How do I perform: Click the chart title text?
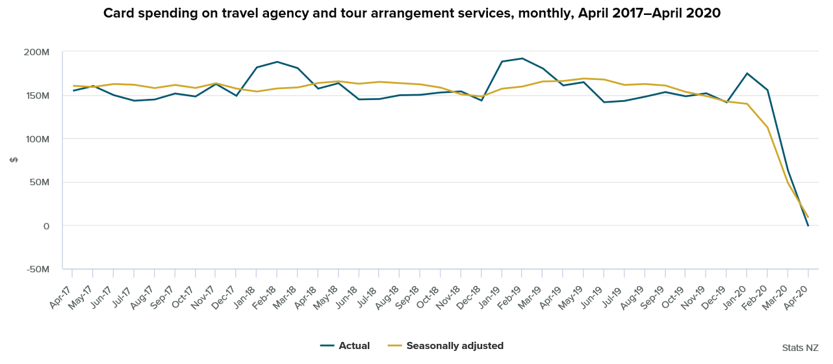[x=412, y=13]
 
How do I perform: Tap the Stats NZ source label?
[x=800, y=348]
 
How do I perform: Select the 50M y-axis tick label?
[x=40, y=183]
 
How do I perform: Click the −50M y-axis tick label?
[x=37, y=269]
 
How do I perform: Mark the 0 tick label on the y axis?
[x=45, y=226]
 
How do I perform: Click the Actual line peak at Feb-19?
[x=522, y=58]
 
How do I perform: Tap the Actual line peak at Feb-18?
[x=277, y=62]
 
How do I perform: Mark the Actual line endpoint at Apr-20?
[x=808, y=226]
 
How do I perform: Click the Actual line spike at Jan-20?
[x=747, y=73]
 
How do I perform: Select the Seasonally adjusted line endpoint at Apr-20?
[x=808, y=216]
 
